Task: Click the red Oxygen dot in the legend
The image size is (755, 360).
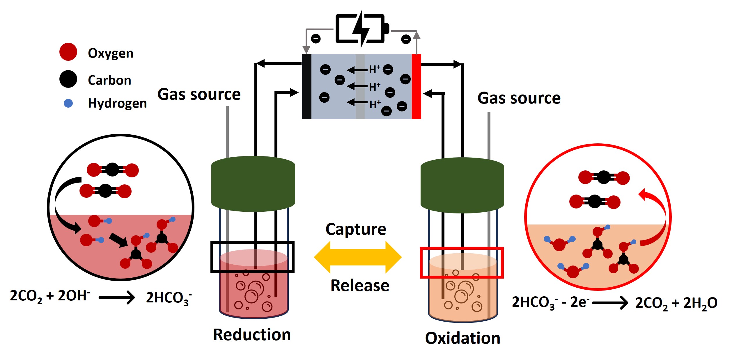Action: coord(68,52)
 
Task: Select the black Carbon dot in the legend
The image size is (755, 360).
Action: coord(68,79)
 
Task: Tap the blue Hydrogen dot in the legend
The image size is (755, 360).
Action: coord(68,104)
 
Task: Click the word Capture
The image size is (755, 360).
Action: coord(355,229)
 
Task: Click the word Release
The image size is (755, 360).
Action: coord(360,286)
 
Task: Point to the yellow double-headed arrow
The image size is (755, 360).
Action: coord(357,257)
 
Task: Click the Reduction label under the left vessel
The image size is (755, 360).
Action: coord(251,335)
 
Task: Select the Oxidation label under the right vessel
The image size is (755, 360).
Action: coord(462,338)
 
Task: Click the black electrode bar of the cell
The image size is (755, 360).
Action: coord(306,86)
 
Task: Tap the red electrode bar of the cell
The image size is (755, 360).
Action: coord(416,86)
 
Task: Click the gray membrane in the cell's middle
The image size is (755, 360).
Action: coord(360,86)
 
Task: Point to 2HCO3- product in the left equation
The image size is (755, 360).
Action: coord(169,298)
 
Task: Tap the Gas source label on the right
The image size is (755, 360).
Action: coord(519,98)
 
